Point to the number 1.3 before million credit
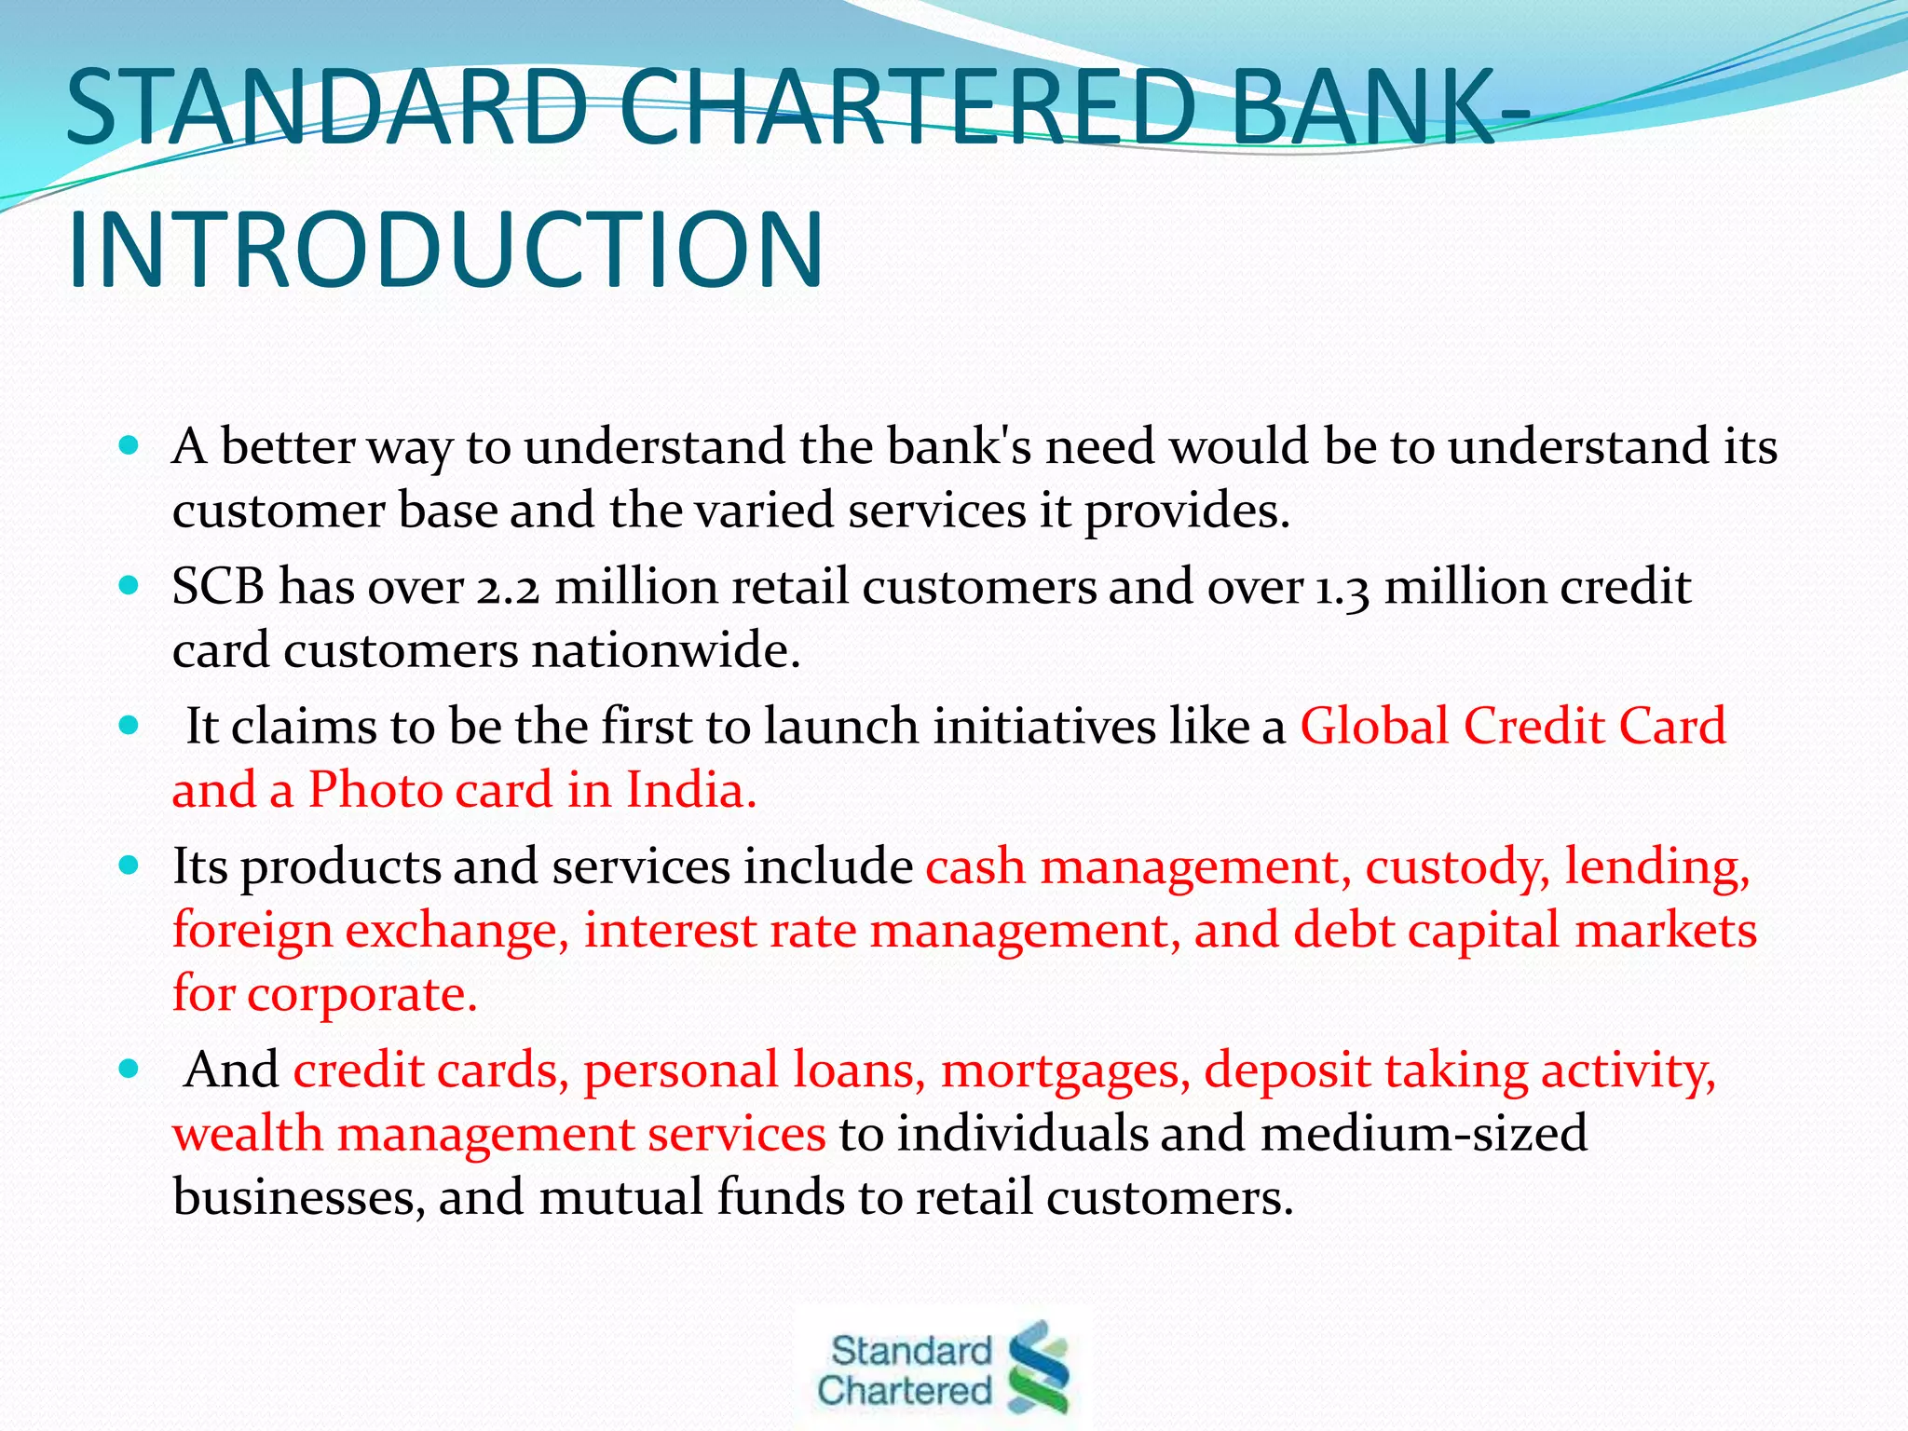1342,589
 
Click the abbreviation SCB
218,587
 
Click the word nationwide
665,650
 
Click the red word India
689,790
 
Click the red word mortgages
1065,1070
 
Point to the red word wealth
247,1134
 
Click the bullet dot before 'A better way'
129,445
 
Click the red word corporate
361,994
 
